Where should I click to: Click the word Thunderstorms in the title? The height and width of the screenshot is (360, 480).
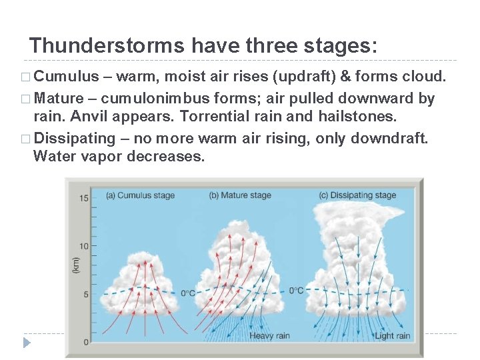[107, 46]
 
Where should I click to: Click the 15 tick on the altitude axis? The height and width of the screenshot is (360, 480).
[84, 198]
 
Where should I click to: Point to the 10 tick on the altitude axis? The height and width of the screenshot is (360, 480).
[84, 246]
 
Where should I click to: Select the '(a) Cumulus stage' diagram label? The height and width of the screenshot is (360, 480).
[141, 195]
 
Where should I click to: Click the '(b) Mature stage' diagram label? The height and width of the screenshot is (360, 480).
[240, 195]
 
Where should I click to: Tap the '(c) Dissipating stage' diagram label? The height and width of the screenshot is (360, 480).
[357, 195]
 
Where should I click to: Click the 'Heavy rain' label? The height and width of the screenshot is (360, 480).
[269, 336]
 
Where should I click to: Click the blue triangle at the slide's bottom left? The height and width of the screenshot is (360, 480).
[27, 343]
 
